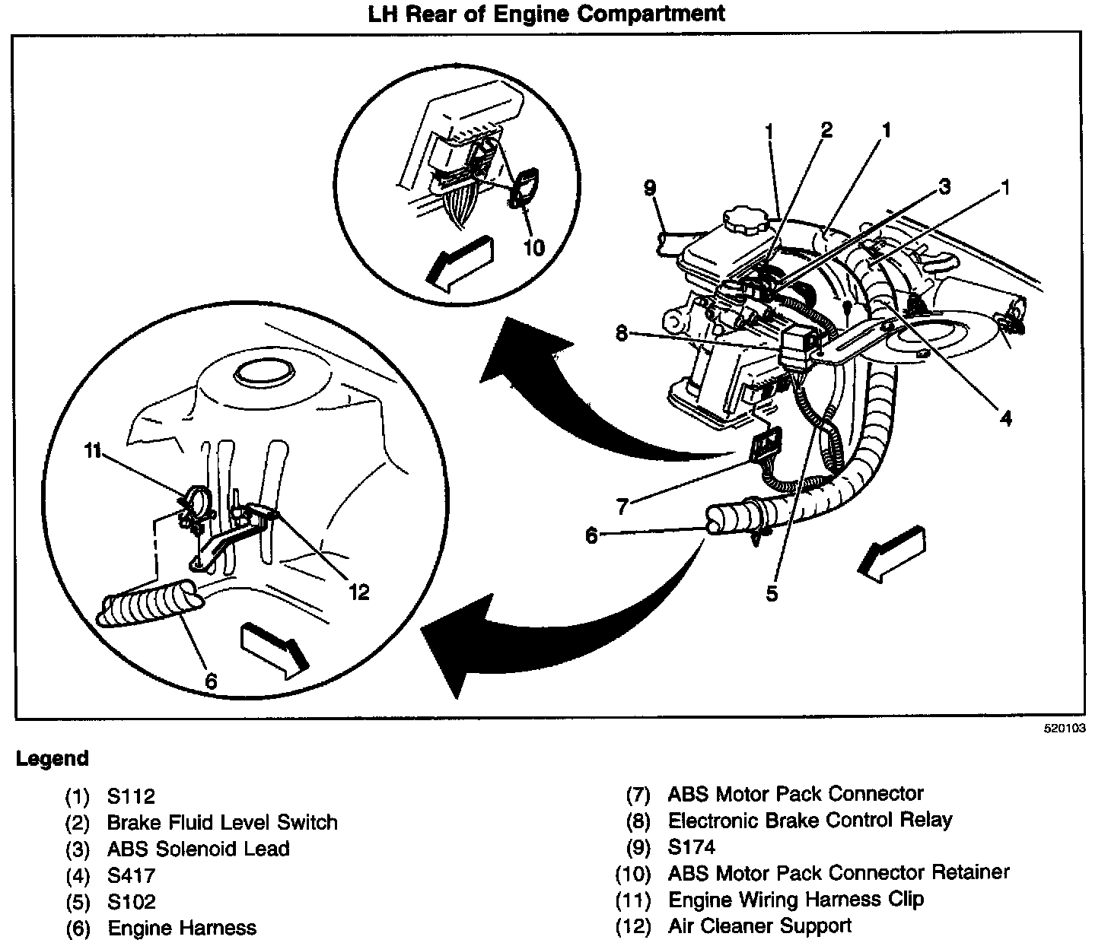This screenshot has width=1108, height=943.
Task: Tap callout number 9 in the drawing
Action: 649,188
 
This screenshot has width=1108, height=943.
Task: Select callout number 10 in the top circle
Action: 534,247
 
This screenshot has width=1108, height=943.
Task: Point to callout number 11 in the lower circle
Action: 93,450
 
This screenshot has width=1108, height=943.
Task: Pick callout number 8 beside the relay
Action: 622,333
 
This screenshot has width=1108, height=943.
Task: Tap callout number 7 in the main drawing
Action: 622,505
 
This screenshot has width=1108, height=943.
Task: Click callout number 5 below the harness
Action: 772,593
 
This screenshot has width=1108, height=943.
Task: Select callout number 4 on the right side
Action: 1005,417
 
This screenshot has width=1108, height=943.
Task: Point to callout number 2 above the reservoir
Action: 826,129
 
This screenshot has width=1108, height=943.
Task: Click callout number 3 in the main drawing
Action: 944,186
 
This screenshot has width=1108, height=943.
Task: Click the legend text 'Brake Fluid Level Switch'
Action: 221,822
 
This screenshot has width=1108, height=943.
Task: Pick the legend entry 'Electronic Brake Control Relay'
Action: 810,820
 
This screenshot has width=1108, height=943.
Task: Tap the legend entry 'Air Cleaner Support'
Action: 759,926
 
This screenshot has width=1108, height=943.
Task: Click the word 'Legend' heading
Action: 53,758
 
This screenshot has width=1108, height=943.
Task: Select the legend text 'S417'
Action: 131,875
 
